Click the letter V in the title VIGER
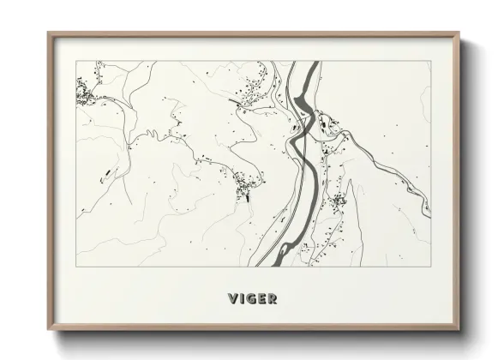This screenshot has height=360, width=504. (232, 298)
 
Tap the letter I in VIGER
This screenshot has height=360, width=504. (243, 298)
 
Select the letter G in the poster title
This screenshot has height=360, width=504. (252, 298)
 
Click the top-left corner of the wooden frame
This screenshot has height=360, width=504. (48, 33)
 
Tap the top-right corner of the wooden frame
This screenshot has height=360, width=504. (460, 33)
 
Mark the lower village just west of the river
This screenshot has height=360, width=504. (245, 184)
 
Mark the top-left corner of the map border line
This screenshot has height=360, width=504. (76, 61)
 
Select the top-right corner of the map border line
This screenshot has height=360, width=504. (431, 61)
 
